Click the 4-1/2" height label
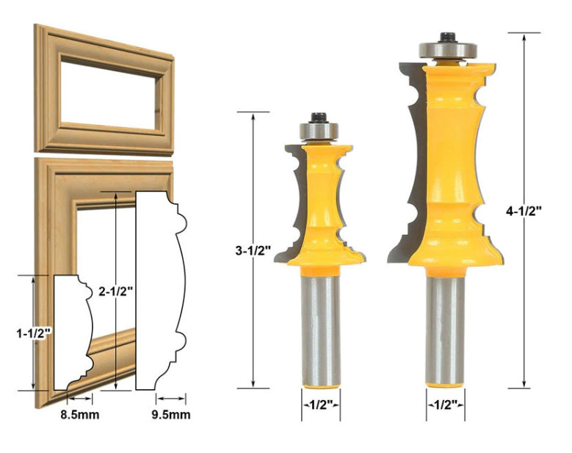pos(524,211)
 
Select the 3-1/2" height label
pos(253,250)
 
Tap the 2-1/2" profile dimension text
pos(115,291)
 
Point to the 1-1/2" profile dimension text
pos(33,333)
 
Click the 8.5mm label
pos(80,415)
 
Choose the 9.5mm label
pos(171,415)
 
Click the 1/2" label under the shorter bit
pos(321,405)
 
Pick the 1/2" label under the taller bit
pos(446,405)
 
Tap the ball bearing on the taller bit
pos(448,51)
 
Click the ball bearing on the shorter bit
pos(319,131)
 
